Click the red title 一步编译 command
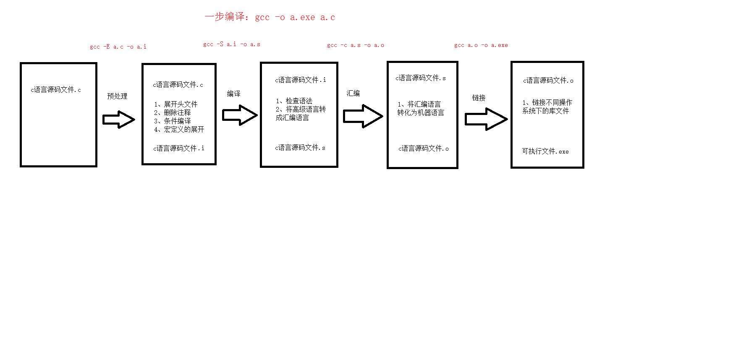click(x=270, y=17)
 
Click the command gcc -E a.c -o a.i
click(x=118, y=47)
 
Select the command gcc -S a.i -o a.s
click(x=231, y=44)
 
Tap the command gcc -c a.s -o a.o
click(x=355, y=45)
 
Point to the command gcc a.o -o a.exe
click(x=481, y=45)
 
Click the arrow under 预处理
click(x=119, y=120)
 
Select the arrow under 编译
click(x=239, y=115)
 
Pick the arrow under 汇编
click(x=363, y=116)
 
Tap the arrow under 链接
click(x=486, y=119)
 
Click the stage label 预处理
click(x=117, y=96)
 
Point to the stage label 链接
click(x=479, y=98)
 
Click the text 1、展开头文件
click(x=175, y=104)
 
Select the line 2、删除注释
click(x=172, y=112)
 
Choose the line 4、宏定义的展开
click(x=179, y=129)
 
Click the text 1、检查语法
click(x=294, y=101)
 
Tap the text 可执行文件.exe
click(x=545, y=151)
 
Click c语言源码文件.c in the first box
click(x=56, y=89)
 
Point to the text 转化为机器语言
click(x=421, y=112)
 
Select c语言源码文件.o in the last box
click(x=548, y=80)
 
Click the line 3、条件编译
click(x=172, y=121)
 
